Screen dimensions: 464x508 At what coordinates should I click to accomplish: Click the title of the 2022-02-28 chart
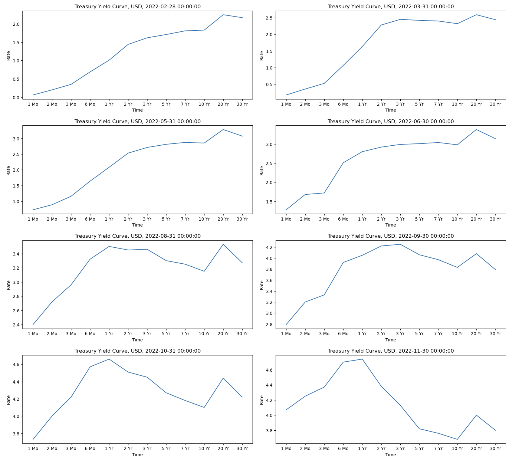[138, 7]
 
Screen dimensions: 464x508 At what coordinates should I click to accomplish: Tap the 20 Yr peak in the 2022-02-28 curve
[223, 15]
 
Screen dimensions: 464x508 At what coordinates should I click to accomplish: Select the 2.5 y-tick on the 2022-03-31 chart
[269, 18]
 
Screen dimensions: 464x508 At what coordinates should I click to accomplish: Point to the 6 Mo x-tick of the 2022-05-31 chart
[90, 219]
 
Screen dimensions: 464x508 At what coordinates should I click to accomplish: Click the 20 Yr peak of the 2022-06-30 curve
[476, 130]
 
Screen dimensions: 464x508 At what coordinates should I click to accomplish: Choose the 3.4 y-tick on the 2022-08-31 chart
[16, 254]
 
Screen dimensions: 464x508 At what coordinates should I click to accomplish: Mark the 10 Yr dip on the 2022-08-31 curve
[204, 271]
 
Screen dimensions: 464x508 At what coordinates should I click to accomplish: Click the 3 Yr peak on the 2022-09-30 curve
[400, 244]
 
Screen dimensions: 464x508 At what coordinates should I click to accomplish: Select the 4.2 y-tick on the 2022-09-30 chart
[269, 247]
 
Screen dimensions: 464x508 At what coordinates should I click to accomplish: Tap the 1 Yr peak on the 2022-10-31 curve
[109, 359]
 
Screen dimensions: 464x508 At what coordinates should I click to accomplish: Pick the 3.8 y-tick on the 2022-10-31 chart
[16, 434]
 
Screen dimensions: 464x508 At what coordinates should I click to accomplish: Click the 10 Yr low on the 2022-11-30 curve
[457, 439]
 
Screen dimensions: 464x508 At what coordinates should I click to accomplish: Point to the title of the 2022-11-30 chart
[391, 351]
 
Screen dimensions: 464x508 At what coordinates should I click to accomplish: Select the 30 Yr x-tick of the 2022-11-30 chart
[495, 448]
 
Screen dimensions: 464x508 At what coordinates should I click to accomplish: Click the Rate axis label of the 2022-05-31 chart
[9, 170]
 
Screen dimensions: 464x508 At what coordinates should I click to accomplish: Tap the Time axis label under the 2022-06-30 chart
[391, 225]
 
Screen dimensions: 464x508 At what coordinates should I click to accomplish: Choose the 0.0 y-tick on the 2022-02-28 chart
[16, 97]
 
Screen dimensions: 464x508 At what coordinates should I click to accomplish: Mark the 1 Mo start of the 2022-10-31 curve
[33, 439]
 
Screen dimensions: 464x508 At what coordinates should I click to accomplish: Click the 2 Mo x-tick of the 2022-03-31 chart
[305, 104]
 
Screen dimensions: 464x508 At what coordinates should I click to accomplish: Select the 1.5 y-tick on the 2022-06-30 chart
[269, 202]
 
